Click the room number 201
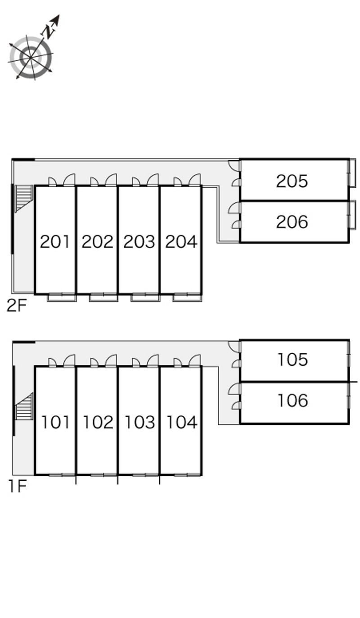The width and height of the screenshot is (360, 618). (x=54, y=242)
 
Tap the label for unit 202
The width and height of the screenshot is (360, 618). (x=97, y=242)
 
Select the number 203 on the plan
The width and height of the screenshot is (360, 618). (x=139, y=242)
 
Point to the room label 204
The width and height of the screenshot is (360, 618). (x=181, y=242)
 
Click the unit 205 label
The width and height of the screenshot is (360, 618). (x=292, y=181)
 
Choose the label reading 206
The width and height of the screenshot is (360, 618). (x=292, y=222)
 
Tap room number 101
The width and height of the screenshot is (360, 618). (x=55, y=422)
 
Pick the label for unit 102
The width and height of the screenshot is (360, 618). (x=98, y=422)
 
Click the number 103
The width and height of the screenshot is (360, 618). (x=139, y=422)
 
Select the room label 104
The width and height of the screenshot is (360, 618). (x=182, y=422)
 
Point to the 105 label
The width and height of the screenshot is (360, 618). (x=292, y=360)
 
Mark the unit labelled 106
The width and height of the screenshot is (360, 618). (x=292, y=401)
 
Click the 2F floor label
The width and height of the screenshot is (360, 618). (x=17, y=306)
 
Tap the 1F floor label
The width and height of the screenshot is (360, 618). (x=18, y=487)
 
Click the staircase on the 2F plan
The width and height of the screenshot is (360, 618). (x=24, y=198)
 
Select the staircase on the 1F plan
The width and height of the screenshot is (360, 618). (x=24, y=406)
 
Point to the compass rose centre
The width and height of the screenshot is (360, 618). (x=30, y=58)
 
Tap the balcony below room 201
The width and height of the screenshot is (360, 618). (x=62, y=298)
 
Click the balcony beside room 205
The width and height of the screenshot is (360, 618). (x=352, y=173)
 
